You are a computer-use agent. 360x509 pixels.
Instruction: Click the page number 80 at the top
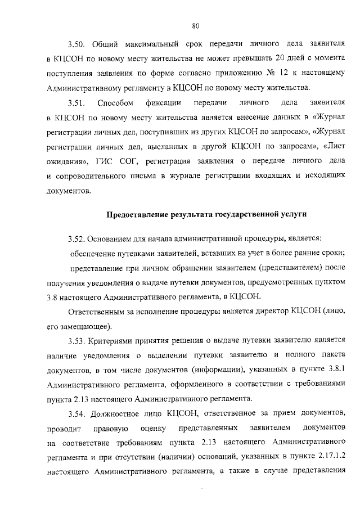tap(196, 26)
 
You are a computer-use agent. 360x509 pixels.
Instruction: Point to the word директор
tap(273, 310)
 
